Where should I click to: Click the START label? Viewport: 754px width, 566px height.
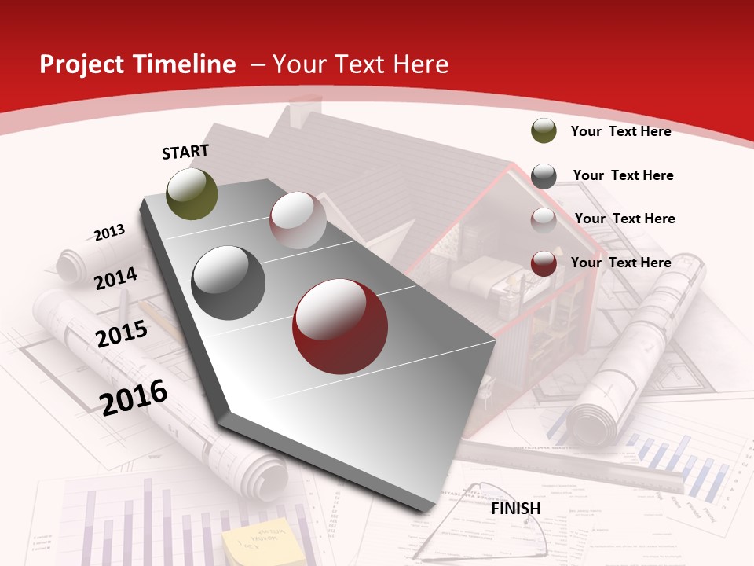(x=185, y=152)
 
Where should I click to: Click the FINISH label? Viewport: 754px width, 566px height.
(x=515, y=509)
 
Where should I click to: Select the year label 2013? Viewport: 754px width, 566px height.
(x=109, y=233)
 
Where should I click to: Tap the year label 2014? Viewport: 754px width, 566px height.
(x=115, y=278)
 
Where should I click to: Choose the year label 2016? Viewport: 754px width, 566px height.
(x=134, y=397)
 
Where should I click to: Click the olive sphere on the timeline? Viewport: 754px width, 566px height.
(x=192, y=194)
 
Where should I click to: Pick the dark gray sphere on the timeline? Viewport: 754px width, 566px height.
(x=228, y=283)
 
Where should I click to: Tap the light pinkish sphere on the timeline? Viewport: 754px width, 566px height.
(x=298, y=220)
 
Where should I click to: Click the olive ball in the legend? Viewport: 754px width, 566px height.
(x=544, y=130)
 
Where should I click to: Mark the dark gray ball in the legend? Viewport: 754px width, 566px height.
(x=544, y=175)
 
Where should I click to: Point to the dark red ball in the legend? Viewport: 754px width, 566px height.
(x=544, y=263)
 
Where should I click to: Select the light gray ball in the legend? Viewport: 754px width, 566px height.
(x=544, y=219)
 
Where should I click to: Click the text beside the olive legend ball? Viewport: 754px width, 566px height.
(x=620, y=131)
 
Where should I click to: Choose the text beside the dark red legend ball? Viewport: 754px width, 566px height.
(x=620, y=263)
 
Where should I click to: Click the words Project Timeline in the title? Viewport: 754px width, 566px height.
(x=137, y=64)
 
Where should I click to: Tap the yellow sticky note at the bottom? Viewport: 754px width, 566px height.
(x=253, y=542)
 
